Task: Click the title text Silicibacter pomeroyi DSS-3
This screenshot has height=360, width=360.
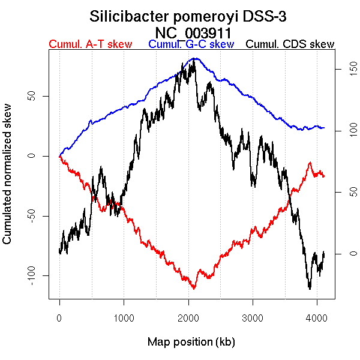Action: pos(191,16)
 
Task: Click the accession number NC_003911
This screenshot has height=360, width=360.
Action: pos(191,32)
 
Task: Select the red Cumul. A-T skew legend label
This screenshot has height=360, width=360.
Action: pos(90,44)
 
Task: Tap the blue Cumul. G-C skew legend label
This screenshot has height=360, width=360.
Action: pos(191,44)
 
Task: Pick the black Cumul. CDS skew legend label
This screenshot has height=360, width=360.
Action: pos(290,44)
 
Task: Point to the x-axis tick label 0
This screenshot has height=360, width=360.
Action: pos(59,318)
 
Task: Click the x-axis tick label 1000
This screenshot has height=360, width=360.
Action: pos(124,318)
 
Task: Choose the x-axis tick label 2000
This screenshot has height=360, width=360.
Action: pos(188,318)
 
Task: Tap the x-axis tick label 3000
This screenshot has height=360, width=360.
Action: pos(253,318)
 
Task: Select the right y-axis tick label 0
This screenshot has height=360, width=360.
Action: pos(345,253)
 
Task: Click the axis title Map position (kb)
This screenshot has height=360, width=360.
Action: pos(191,343)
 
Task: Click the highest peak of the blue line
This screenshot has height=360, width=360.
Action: pos(194,58)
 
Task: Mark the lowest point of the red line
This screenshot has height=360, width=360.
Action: pos(194,289)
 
